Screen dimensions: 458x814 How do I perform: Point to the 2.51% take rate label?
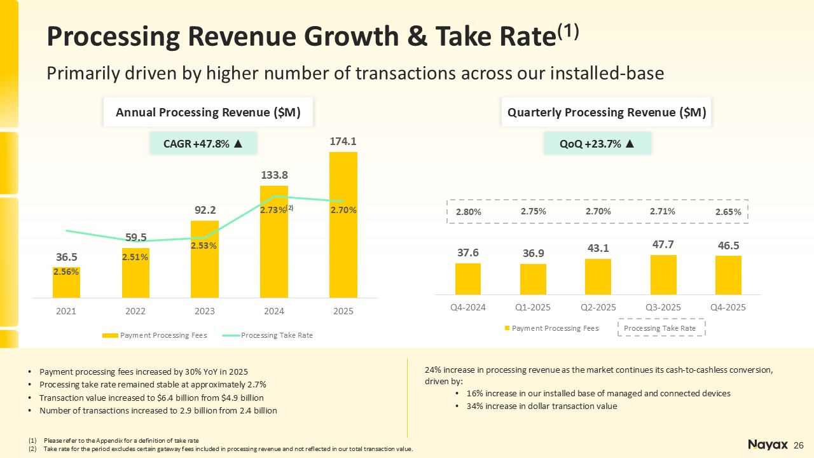tap(135, 257)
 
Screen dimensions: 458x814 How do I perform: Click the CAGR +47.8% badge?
tap(203, 143)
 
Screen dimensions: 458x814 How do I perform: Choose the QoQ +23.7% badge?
tap(597, 143)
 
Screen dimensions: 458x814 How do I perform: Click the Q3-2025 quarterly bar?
tap(663, 274)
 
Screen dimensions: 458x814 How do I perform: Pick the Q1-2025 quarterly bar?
tap(533, 279)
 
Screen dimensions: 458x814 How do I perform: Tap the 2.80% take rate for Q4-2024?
tap(468, 212)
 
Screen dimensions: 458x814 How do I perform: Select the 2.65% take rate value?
tap(728, 212)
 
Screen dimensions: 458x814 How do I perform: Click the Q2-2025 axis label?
tap(598, 307)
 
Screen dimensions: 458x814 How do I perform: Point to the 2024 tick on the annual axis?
tap(274, 311)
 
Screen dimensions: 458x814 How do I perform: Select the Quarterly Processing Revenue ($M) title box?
tap(607, 113)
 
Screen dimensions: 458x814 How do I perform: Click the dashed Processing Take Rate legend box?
tap(662, 328)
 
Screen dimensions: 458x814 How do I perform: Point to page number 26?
tap(799, 444)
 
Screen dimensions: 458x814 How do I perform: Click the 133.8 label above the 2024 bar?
tap(274, 174)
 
